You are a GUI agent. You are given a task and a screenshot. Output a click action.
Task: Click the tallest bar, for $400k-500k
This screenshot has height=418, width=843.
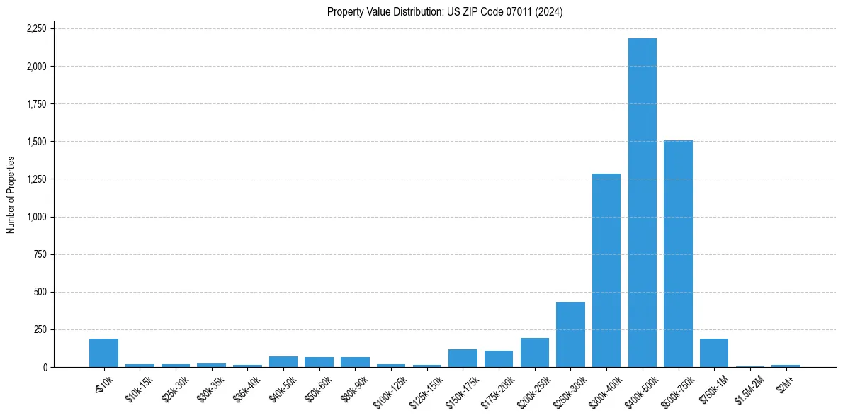coord(642,203)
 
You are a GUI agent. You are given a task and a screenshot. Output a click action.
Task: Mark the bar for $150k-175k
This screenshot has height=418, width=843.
coord(463,358)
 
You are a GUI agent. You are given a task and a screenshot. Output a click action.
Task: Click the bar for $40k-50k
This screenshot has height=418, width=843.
coord(283,362)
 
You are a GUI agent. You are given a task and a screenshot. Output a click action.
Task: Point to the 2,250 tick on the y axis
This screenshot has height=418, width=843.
coord(36,29)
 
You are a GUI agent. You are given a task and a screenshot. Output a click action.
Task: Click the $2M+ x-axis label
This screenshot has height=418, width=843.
coord(784,383)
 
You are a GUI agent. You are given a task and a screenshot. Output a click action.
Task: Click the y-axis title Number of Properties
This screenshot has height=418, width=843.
coord(11,195)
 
